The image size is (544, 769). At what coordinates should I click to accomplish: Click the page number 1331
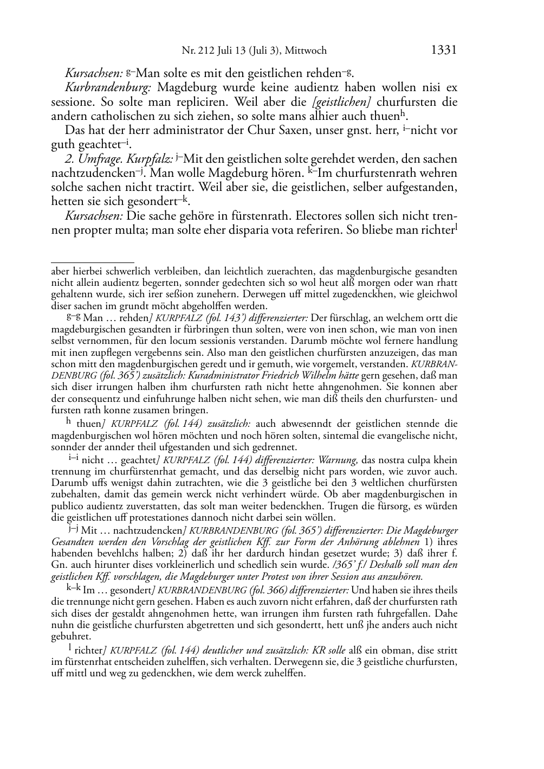444,50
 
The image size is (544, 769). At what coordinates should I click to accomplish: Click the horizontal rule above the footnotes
92,262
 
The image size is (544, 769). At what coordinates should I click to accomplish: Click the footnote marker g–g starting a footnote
73,317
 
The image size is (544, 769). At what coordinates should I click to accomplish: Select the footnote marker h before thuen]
69,423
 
